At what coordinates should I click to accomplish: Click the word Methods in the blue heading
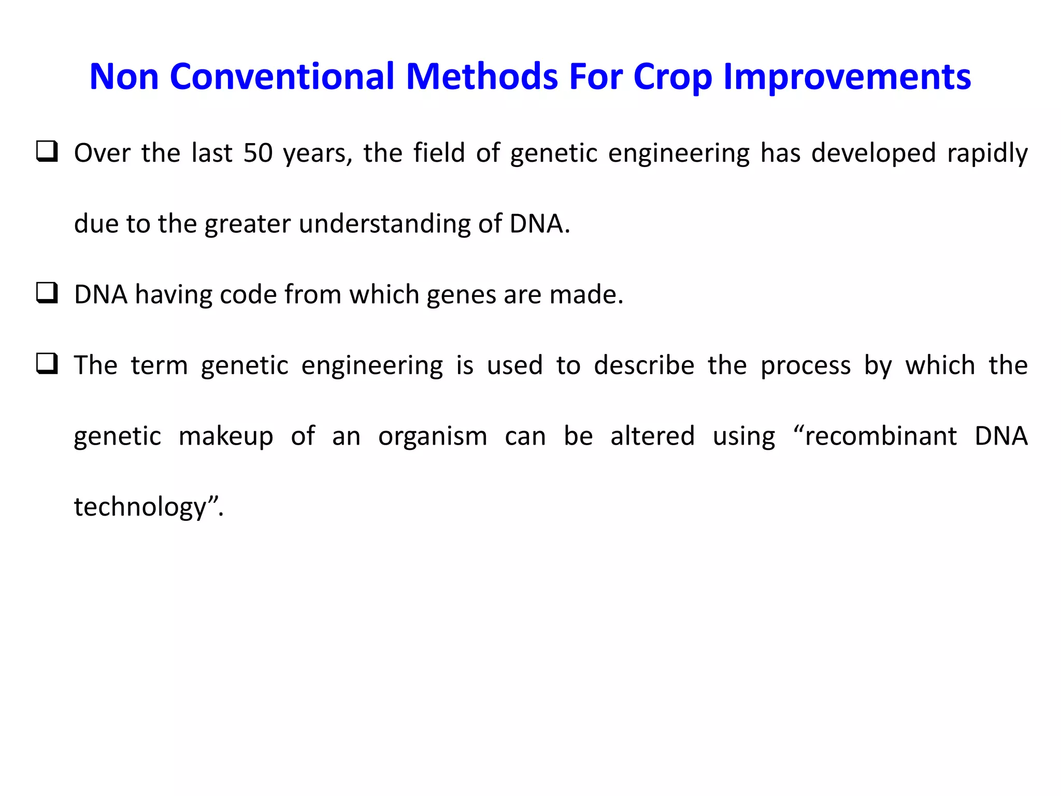pyautogui.click(x=482, y=77)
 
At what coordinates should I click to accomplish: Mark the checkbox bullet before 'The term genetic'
pyautogui.click(x=47, y=364)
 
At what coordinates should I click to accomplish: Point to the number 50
pyautogui.click(x=258, y=153)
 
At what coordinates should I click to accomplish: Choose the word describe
pyautogui.click(x=643, y=365)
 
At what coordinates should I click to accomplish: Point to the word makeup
pyautogui.click(x=225, y=437)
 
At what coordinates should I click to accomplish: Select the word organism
pyautogui.click(x=432, y=437)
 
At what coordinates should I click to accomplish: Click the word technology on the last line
pyautogui.click(x=140, y=507)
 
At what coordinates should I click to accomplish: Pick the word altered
pyautogui.click(x=652, y=436)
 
